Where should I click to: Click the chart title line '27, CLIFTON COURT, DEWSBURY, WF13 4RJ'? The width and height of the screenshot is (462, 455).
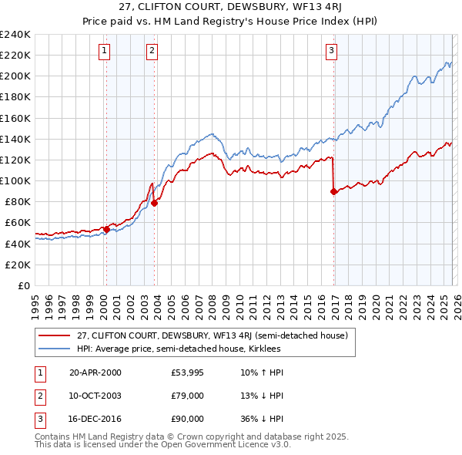tap(231, 8)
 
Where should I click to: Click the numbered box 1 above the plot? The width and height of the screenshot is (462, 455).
tap(105, 51)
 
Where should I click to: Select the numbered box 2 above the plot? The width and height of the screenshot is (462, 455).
tap(152, 51)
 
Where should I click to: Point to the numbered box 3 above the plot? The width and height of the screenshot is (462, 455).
tap(332, 51)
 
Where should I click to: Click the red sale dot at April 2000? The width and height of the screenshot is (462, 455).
tap(106, 229)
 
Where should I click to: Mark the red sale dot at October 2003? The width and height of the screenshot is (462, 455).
tap(154, 203)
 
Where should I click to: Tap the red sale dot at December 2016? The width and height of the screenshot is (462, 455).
tap(333, 192)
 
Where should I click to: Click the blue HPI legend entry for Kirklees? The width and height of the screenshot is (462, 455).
tap(178, 349)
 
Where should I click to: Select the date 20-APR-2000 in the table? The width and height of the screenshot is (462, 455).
tap(95, 372)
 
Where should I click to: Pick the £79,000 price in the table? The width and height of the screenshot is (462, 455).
tap(188, 396)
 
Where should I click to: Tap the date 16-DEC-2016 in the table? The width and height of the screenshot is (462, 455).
tap(95, 419)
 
